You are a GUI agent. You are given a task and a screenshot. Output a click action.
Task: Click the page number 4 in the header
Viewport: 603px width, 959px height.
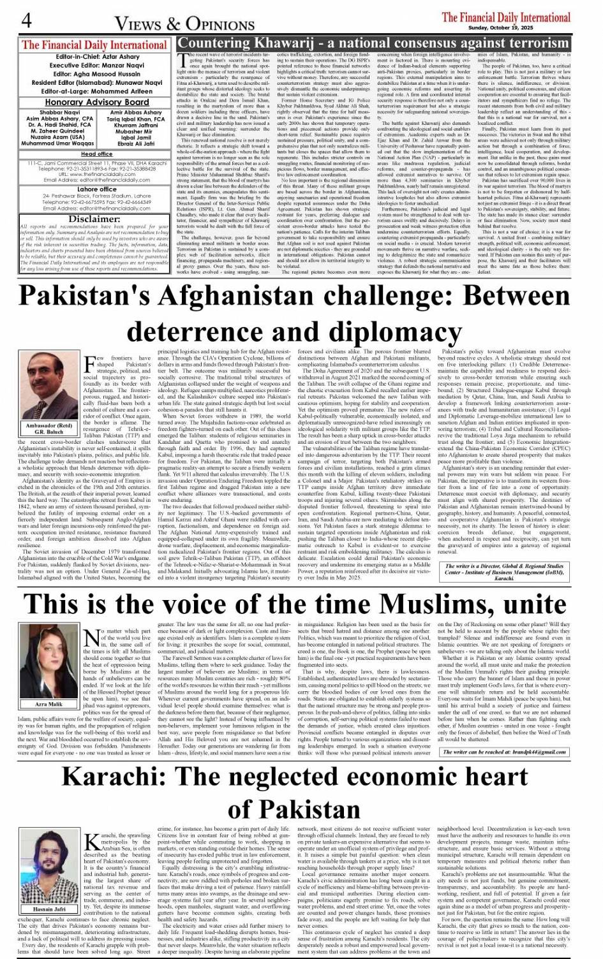point(26,20)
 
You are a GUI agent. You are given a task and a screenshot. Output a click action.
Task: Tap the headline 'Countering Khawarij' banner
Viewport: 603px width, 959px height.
point(373,44)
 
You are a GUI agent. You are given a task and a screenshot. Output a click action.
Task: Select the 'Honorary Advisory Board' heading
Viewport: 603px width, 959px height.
point(97,102)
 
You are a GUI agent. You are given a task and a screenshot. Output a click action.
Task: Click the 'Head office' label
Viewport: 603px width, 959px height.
point(96,154)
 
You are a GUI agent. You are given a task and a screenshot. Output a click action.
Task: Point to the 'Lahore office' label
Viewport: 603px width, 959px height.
point(97,189)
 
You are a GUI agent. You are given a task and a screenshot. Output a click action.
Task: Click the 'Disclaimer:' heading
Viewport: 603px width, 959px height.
point(94,219)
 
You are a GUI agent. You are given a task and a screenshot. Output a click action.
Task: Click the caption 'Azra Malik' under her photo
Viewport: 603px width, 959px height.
point(49,704)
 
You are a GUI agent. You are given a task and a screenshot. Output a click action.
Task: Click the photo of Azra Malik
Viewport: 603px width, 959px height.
point(49,663)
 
